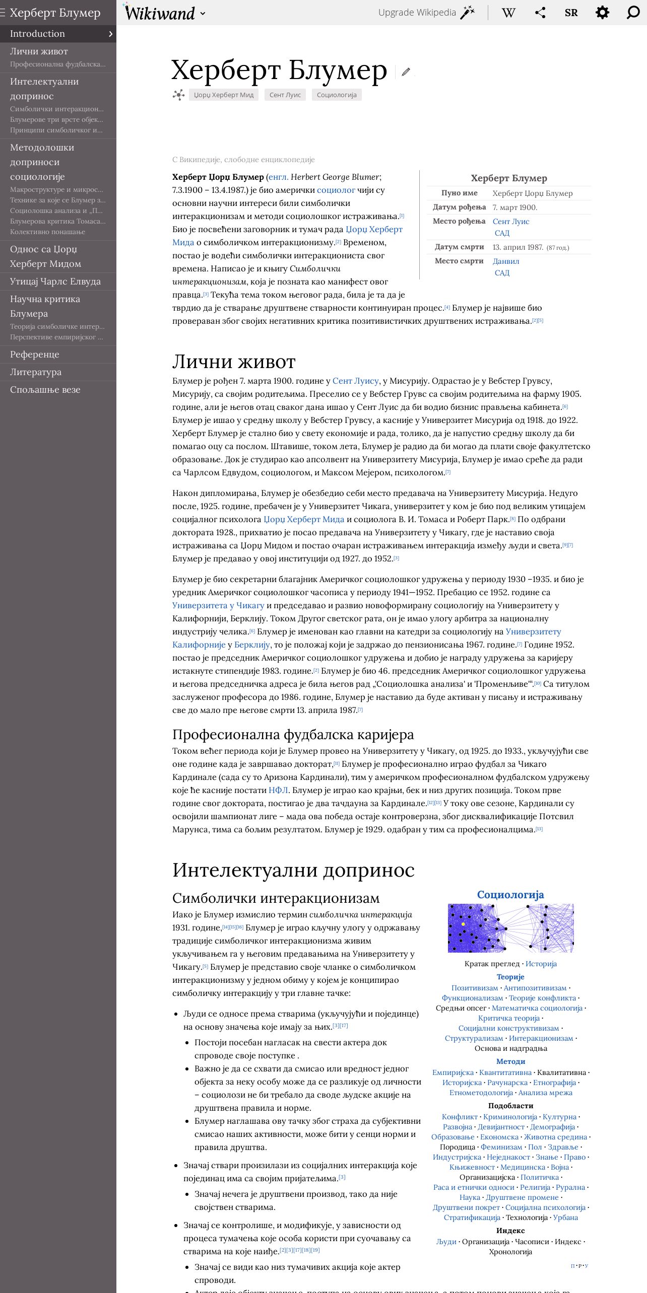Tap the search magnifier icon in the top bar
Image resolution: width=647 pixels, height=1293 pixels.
[633, 13]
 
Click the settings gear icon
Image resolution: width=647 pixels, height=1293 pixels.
[602, 13]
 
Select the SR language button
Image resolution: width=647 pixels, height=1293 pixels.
[571, 13]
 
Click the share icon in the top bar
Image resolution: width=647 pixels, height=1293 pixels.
[540, 13]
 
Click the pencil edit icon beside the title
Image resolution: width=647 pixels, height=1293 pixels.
[406, 72]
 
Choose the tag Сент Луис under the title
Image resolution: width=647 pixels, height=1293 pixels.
[285, 95]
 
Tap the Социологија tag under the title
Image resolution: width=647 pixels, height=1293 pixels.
[337, 95]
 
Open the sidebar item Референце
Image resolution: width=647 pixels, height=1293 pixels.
[35, 354]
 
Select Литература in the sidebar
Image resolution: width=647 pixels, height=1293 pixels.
[36, 372]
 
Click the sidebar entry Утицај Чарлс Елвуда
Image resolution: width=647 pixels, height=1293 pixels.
[55, 281]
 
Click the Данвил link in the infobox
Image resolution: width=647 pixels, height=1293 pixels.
[505, 261]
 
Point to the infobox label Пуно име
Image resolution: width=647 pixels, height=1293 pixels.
[459, 193]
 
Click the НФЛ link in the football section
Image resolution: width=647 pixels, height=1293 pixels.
[278, 791]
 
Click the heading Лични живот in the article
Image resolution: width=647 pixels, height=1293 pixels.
[234, 362]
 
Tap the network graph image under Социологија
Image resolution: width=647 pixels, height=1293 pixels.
[510, 928]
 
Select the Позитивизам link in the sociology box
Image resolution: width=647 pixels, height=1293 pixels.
[474, 988]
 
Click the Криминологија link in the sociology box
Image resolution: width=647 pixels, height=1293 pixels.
[510, 1117]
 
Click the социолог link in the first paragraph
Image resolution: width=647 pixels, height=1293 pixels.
[336, 190]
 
